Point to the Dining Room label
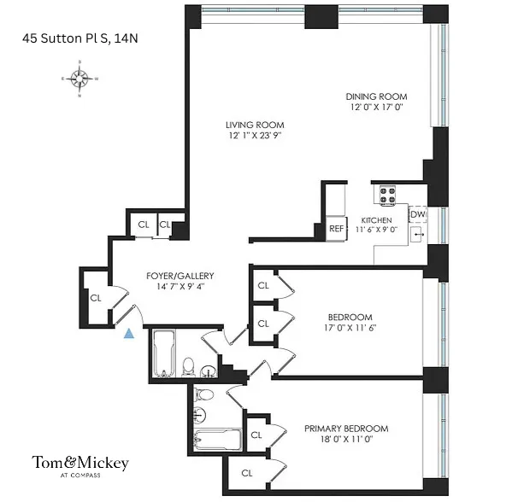pos(376,96)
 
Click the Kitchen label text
pos(376,220)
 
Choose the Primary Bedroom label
pos(346,429)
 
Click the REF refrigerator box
pos(336,228)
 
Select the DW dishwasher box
pos(417,214)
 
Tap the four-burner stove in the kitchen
pos(386,196)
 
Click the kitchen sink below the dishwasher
pos(418,233)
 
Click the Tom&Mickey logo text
pos(80,462)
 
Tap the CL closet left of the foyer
pos(96,298)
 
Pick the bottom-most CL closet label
pos(246,472)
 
